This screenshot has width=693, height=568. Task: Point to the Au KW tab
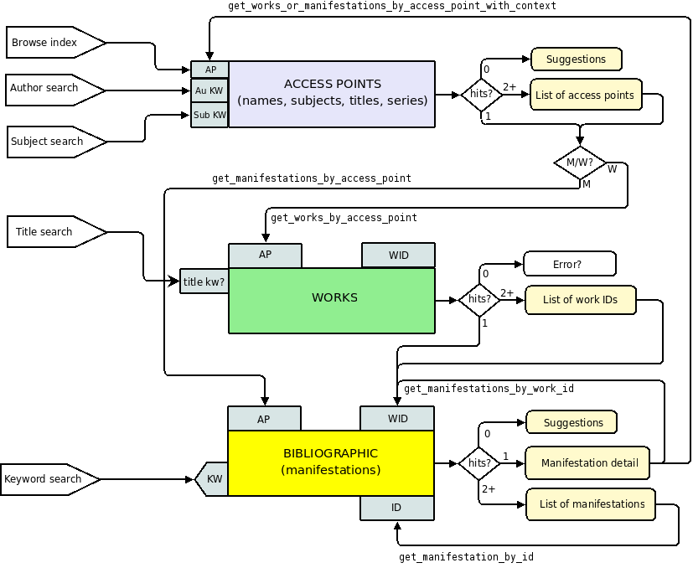click(209, 90)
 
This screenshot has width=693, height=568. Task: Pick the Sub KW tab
click(209, 115)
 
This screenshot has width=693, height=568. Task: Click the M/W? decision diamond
click(580, 163)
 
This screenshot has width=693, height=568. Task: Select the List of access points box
click(585, 96)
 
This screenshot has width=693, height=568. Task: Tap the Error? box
click(569, 264)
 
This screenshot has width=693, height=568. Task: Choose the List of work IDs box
click(580, 300)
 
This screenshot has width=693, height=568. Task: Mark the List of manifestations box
click(591, 504)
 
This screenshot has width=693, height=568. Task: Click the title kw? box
click(204, 281)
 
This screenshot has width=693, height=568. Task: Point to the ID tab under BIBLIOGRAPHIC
click(396, 508)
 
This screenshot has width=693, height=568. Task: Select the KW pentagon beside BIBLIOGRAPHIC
click(213, 479)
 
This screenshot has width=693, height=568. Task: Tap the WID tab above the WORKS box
click(398, 255)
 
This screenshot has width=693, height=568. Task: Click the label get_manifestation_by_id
click(466, 556)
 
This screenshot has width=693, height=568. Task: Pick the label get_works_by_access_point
click(344, 218)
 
